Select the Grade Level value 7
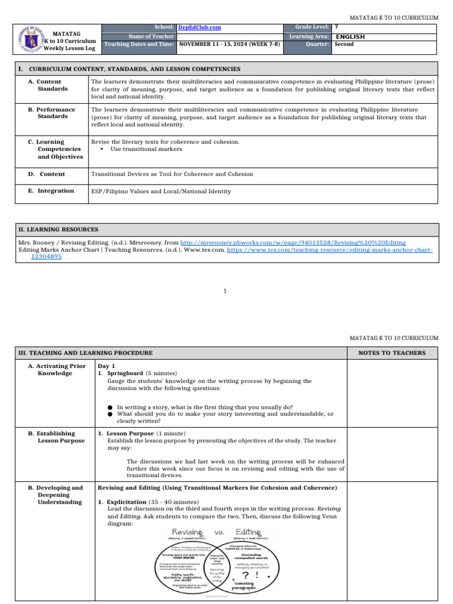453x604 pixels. [x=336, y=28]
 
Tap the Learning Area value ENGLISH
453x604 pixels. [x=350, y=37]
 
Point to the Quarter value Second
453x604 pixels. [x=344, y=44]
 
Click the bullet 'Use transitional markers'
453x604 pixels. [x=146, y=149]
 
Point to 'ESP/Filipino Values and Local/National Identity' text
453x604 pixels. [x=161, y=191]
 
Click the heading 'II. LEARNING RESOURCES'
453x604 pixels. [x=58, y=229]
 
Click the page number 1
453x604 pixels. [x=226, y=291]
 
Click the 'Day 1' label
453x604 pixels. [x=106, y=366]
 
